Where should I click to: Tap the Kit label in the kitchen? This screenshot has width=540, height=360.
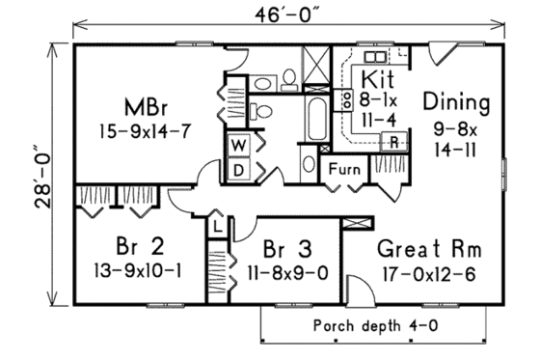pyautogui.click(x=375, y=77)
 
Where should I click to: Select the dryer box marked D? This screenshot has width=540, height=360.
pyautogui.click(x=237, y=169)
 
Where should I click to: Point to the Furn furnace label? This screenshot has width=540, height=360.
pyautogui.click(x=344, y=170)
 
